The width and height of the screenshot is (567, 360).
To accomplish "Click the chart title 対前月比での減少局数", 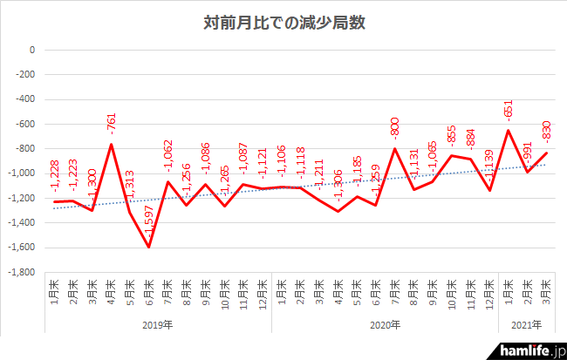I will (283, 23).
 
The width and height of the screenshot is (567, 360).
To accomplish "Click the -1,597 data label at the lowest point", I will (149, 225).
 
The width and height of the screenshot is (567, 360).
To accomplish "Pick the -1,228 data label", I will (55, 180).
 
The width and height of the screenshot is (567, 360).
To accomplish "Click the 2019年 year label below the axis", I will (158, 325).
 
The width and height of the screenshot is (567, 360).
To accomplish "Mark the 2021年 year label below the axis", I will (526, 325).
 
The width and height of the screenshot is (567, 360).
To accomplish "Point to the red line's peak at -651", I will (509, 131).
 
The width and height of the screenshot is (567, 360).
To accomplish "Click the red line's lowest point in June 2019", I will (148, 247).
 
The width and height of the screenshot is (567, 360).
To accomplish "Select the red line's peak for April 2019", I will (111, 144).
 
